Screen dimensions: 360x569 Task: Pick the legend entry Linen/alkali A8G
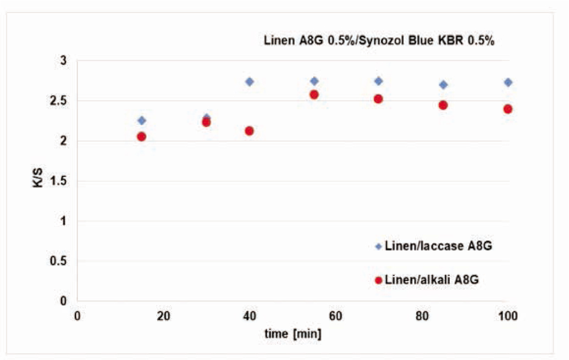tap(432, 280)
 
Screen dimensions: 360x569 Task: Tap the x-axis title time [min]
tap(292, 334)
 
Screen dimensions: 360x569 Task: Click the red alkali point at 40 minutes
tap(249, 131)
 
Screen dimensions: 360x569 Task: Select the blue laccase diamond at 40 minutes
tap(249, 82)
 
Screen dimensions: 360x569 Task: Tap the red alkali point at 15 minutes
tap(141, 136)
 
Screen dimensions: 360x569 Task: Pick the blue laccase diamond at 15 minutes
tap(141, 120)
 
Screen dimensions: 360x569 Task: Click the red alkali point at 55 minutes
tap(314, 95)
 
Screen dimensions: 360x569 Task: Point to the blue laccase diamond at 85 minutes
tap(443, 85)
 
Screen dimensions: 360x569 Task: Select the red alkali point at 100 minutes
tap(508, 109)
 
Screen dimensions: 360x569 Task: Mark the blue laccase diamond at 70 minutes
tap(378, 81)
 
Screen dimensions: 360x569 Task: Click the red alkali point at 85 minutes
tap(443, 105)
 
